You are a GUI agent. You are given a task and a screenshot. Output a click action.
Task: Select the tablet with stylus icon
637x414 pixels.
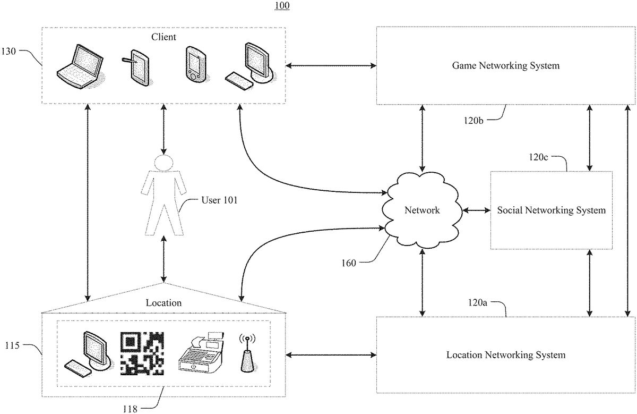click(x=136, y=68)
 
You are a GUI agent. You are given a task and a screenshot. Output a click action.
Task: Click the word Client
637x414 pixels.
click(x=163, y=37)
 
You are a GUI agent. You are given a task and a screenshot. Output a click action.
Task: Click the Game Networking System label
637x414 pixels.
click(x=506, y=66)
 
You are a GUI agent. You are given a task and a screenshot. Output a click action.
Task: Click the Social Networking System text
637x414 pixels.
click(x=551, y=210)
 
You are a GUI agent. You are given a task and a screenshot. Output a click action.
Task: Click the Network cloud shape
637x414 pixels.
click(x=423, y=210)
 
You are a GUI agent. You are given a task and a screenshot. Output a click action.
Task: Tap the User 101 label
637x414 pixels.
click(x=219, y=200)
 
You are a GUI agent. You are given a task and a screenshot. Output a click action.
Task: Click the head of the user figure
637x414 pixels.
click(x=163, y=163)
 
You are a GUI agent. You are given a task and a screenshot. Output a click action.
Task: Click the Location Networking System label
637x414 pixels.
click(x=506, y=355)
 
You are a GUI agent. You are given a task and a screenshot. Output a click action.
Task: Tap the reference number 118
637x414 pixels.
click(x=129, y=409)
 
